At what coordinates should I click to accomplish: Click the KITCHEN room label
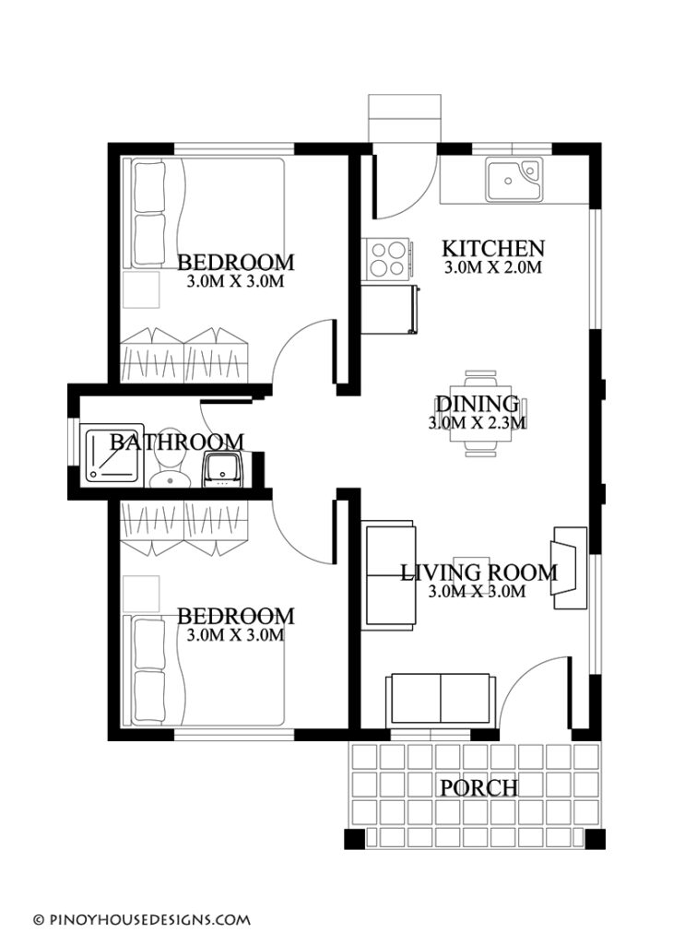(493, 248)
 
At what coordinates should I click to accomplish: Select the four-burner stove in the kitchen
(388, 257)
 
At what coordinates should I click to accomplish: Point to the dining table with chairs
(478, 414)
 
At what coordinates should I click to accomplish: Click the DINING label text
(477, 404)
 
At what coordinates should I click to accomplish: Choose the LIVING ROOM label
(478, 572)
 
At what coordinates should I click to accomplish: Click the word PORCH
(478, 788)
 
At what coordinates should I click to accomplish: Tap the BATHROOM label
(177, 442)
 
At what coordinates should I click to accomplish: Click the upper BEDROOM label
(236, 261)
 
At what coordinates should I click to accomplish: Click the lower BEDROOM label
(236, 615)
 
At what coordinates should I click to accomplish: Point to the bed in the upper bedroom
(207, 214)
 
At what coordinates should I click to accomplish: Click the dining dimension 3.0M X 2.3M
(477, 424)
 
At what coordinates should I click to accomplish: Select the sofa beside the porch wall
(441, 698)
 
